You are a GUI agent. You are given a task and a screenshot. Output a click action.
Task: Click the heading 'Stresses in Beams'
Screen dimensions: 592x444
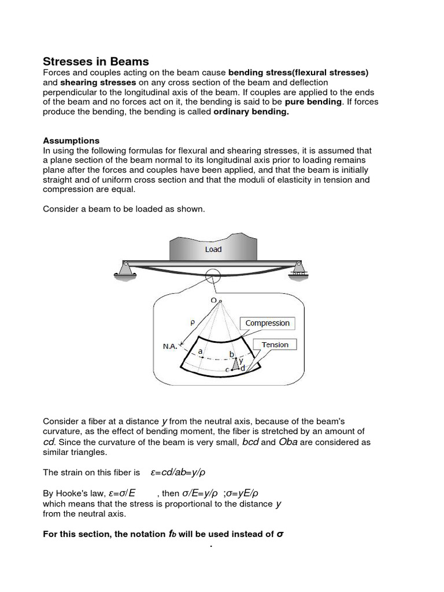point(96,61)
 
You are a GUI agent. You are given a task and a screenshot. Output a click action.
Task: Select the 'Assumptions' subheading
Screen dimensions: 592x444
point(71,140)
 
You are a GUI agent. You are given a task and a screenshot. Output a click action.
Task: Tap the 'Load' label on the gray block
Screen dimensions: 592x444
point(213,250)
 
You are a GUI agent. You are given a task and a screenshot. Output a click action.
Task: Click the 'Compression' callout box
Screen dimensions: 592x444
point(267,323)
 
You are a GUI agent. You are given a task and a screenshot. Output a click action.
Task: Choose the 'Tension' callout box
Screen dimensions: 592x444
point(275,345)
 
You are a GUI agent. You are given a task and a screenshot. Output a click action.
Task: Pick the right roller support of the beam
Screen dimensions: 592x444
point(298,270)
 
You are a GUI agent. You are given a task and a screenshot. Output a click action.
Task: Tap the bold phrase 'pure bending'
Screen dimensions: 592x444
point(313,102)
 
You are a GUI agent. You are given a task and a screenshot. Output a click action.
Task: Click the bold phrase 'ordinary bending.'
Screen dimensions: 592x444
point(251,112)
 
